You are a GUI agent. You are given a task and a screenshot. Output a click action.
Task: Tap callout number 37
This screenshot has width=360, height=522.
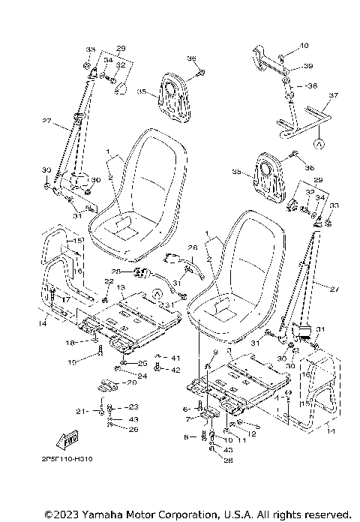point(334,95)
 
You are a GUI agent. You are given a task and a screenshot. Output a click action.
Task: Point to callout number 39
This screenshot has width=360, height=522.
point(307,67)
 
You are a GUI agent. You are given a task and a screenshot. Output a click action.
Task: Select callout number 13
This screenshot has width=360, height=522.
point(120,288)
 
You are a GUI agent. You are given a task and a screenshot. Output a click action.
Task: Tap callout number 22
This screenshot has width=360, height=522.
point(108,280)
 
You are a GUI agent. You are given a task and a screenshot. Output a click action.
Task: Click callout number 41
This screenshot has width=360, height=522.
point(176,358)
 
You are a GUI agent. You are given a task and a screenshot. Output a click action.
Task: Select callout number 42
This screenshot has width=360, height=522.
point(176,370)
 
